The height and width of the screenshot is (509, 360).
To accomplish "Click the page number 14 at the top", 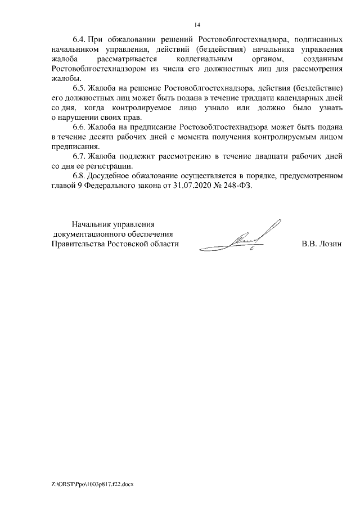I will [x=197, y=25].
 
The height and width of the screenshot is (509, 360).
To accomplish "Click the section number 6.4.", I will [x=79, y=40].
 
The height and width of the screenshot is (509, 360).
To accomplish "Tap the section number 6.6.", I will [x=79, y=128].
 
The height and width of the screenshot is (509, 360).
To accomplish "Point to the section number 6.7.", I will [x=79, y=156].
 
